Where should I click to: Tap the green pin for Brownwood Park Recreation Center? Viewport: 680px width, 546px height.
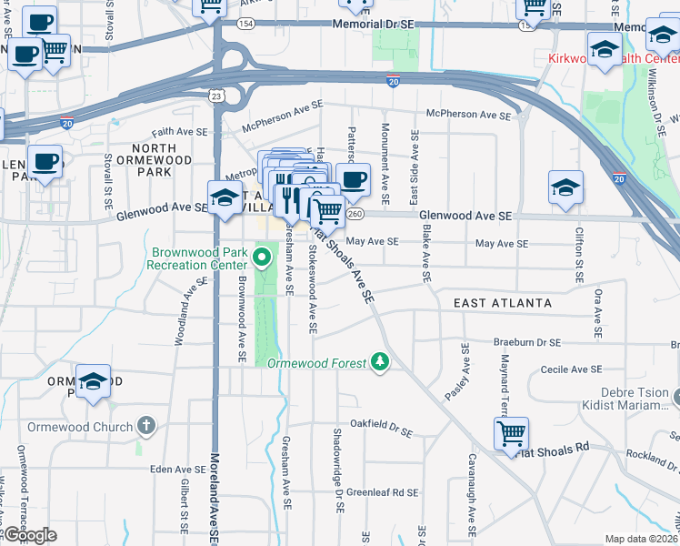[x=265, y=257]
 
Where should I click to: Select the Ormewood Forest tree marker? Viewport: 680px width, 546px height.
[x=380, y=362]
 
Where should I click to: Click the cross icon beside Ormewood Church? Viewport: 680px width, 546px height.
[x=145, y=426]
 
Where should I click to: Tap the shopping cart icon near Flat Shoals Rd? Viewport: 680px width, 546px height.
[x=512, y=434]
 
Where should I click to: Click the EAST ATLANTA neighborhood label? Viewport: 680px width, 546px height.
[x=503, y=302]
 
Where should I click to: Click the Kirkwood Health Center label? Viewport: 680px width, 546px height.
[x=614, y=59]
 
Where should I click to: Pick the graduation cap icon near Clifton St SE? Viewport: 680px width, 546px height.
[x=565, y=188]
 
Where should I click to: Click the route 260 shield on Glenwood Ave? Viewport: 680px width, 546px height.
[x=355, y=214]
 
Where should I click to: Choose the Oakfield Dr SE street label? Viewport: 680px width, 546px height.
[x=382, y=423]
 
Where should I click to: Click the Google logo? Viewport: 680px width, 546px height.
[x=30, y=536]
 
